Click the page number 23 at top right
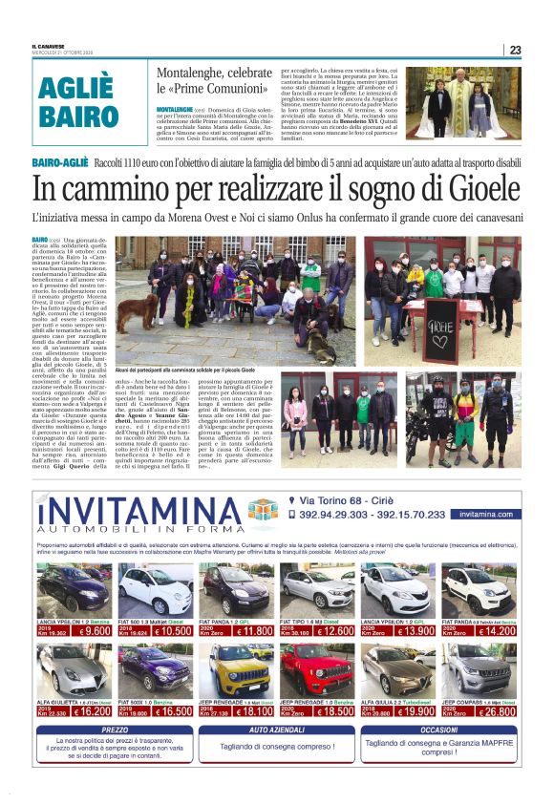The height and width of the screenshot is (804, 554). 515,50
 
